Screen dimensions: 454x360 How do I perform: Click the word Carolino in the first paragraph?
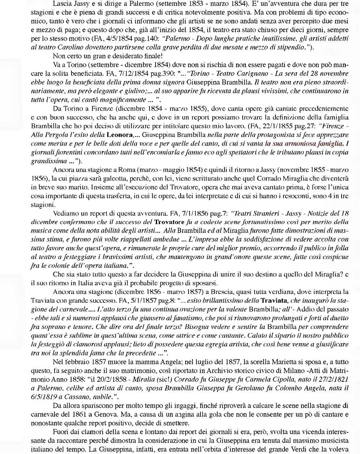(x=58, y=47)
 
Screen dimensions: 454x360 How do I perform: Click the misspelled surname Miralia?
(x=144, y=379)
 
